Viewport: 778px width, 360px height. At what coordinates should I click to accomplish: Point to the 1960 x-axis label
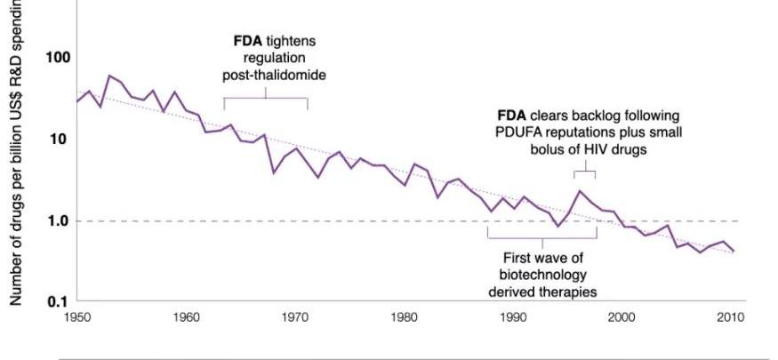pyautogui.click(x=187, y=316)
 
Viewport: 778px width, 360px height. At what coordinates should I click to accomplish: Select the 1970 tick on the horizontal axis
pyautogui.click(x=296, y=316)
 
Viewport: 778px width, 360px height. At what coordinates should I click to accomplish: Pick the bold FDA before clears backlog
pyautogui.click(x=511, y=116)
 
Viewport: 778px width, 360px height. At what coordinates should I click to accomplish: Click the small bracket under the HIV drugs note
pyautogui.click(x=579, y=170)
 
